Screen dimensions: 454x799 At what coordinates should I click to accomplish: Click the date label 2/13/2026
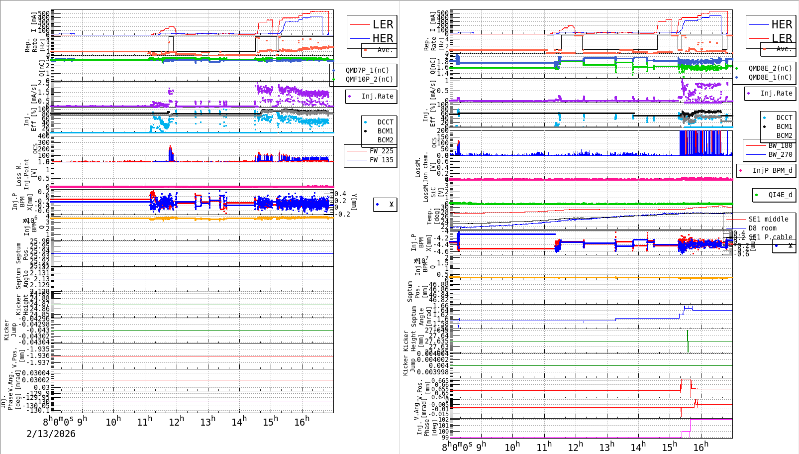tap(51, 434)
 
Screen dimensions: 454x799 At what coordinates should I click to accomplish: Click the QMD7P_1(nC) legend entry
tap(367, 70)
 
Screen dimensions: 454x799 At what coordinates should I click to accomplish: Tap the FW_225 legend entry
tap(381, 151)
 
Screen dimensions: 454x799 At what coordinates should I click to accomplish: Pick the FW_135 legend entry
tap(381, 160)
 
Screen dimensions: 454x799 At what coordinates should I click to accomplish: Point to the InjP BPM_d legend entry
tap(772, 170)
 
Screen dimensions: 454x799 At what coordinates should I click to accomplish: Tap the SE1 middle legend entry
tap(768, 219)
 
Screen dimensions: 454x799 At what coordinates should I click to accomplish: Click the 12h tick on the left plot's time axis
tap(176, 422)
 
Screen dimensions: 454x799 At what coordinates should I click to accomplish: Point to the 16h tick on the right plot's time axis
tap(700, 447)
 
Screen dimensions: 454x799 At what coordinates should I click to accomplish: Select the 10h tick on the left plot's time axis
tap(113, 422)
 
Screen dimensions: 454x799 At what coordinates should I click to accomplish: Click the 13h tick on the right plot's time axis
tap(606, 447)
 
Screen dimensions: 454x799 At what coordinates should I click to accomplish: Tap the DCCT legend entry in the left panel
tap(385, 122)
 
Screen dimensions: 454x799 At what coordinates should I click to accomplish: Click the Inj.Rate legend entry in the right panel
tap(776, 93)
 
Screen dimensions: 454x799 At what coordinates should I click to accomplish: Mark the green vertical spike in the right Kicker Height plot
tap(688, 341)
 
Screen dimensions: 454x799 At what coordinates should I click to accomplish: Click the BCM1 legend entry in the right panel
tap(784, 126)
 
